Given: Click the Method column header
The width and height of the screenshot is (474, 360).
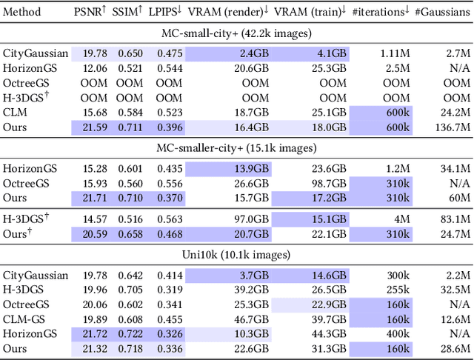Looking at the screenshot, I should (22, 13).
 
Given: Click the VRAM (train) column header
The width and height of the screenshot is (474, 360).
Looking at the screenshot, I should (310, 13).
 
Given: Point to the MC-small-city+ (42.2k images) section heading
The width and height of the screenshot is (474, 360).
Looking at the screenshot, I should (237, 33).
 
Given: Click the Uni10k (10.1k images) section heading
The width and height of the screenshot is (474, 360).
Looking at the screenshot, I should (237, 256).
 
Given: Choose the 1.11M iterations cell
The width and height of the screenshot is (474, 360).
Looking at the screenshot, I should (394, 53).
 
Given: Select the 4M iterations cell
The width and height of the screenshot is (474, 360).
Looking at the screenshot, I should (401, 220).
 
